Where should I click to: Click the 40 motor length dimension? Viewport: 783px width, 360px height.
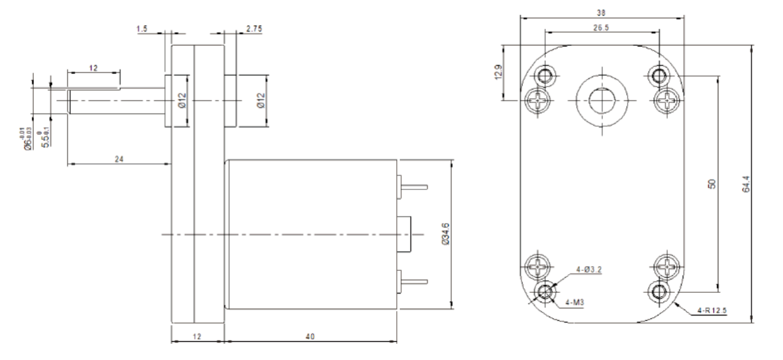[x=310, y=337]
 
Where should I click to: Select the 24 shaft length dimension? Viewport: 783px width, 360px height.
[x=118, y=159]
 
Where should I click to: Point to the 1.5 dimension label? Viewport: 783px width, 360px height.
[x=142, y=29]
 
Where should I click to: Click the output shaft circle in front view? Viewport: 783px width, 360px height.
[x=601, y=98]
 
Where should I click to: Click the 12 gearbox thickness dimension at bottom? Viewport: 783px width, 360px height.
[x=197, y=337]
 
